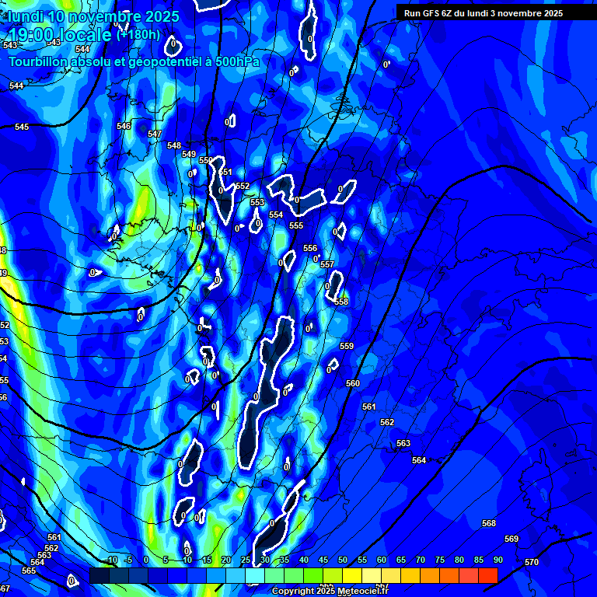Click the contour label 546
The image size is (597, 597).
[124, 126]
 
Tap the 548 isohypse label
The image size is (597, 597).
[174, 145]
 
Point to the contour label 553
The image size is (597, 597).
[257, 202]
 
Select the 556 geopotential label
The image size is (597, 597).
[310, 248]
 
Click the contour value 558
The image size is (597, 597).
[341, 302]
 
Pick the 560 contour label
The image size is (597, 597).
[353, 383]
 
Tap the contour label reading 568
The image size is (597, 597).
[489, 523]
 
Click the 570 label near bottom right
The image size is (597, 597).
[532, 562]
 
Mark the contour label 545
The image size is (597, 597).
[22, 127]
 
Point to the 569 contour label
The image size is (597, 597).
[511, 539]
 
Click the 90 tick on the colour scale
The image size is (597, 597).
[497, 560]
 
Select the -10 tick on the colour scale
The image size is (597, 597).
[111, 560]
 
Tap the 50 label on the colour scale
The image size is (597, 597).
[343, 560]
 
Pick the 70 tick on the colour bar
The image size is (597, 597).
[421, 560]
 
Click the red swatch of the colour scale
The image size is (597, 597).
[487, 575]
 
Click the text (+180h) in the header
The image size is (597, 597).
[138, 35]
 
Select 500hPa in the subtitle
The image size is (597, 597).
[238, 61]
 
